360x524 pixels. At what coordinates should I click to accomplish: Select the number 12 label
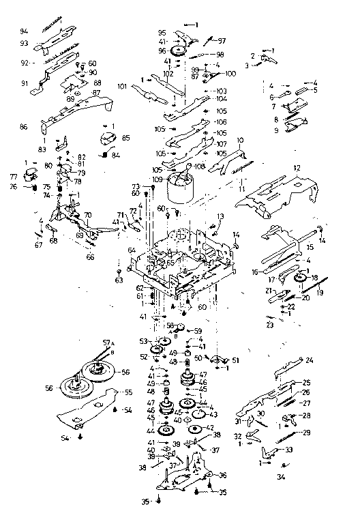(x=297, y=168)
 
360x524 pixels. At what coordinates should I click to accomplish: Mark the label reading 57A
(x=107, y=343)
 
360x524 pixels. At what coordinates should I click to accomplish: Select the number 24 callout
(x=310, y=360)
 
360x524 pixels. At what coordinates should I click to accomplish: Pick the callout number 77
(x=13, y=176)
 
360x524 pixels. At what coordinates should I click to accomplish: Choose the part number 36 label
(x=223, y=475)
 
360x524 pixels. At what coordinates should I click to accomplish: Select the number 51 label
(x=237, y=360)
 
